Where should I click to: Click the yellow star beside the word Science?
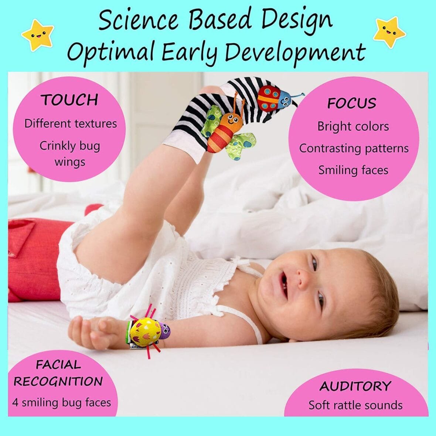coord(38,35)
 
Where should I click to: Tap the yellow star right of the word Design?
coord(389,33)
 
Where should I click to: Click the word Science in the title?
coord(138,20)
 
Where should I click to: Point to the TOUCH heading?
coord(69,100)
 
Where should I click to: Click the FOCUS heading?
coord(352,103)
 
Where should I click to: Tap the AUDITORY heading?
coord(355,386)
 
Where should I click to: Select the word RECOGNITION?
coord(58,381)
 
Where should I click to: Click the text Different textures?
coord(71,123)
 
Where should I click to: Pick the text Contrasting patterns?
coord(354,148)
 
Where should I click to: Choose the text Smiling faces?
coord(353,170)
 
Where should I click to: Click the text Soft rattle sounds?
coord(355,405)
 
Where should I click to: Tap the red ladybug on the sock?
coord(269,98)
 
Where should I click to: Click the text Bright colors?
coord(353,126)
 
